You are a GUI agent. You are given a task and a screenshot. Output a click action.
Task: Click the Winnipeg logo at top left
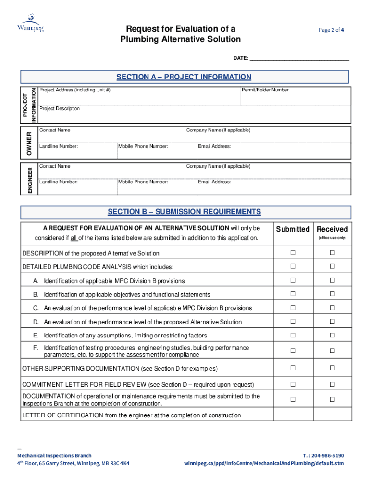[30, 23]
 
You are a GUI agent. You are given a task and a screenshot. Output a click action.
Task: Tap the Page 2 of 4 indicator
[331, 30]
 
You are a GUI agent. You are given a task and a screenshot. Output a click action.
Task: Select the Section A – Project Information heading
[184, 77]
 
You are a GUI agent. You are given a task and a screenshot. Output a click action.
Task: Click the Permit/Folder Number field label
[265, 90]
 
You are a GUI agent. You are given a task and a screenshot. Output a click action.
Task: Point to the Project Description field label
[60, 109]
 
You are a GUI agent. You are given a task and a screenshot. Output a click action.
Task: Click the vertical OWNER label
[29, 143]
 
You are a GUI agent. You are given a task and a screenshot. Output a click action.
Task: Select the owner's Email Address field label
[214, 146]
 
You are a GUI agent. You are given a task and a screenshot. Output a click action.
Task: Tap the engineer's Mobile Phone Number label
[143, 182]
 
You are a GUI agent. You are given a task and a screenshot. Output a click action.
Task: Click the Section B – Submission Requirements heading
[184, 212]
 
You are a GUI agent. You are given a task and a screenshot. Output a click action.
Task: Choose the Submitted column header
[293, 229]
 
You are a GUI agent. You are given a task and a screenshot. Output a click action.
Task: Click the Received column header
[332, 229]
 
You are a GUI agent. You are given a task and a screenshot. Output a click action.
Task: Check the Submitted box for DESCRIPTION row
[293, 253]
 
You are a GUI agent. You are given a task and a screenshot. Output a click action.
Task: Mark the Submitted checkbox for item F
[293, 351]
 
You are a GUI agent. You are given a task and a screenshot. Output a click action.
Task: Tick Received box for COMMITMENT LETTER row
[332, 384]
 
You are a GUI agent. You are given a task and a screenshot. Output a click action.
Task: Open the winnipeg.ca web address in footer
[264, 463]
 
